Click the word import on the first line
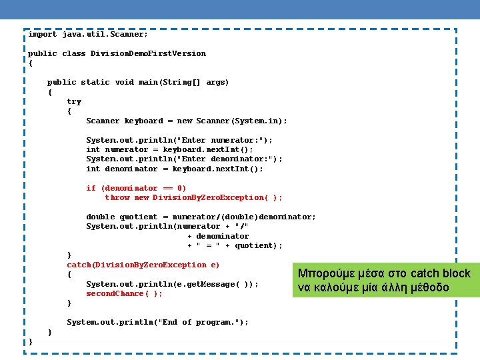tap(42, 34)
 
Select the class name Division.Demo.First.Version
tap(148, 53)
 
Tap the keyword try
tap(74, 102)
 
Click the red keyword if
tap(91, 189)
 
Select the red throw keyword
tap(117, 198)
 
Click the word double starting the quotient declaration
tap(100, 217)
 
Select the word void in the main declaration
tap(124, 83)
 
